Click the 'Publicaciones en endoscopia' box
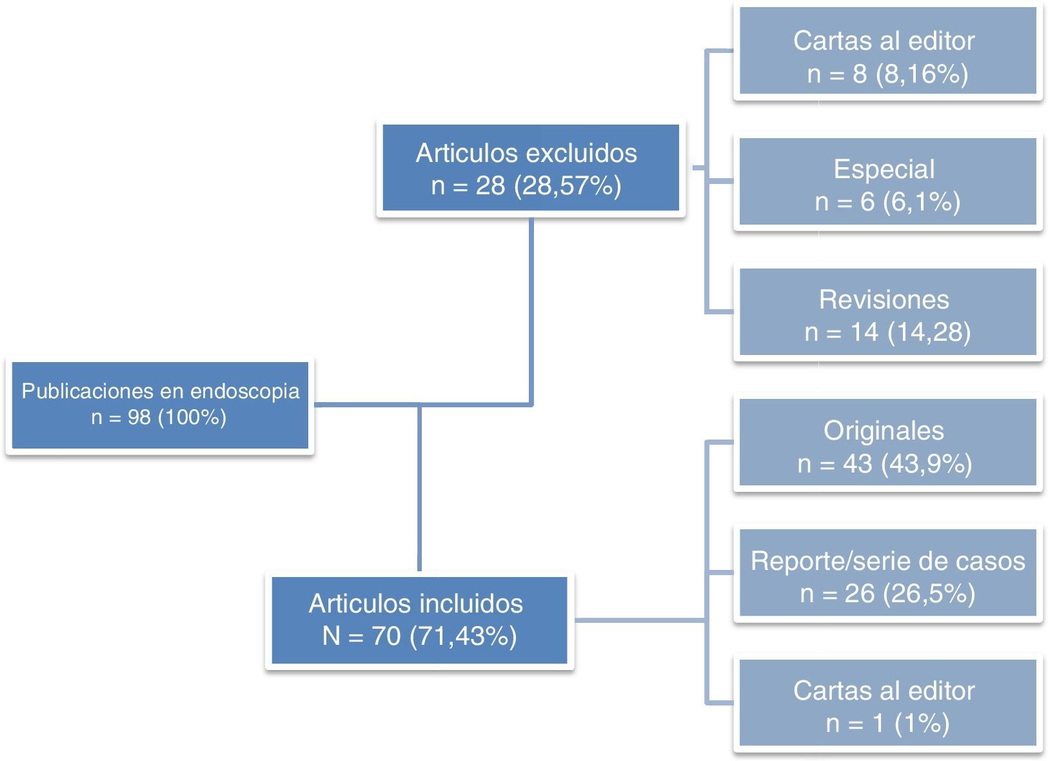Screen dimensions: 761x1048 click(x=160, y=405)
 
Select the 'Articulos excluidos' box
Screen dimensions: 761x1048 click(x=530, y=168)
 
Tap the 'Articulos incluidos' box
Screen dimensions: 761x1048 click(x=419, y=620)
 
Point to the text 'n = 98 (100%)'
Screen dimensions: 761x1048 click(x=159, y=418)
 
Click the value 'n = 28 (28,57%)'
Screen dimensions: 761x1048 click(x=526, y=186)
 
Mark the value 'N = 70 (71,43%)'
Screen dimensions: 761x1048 click(x=419, y=636)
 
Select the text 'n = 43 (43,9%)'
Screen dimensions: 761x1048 click(x=884, y=463)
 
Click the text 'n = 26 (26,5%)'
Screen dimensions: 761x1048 click(x=887, y=593)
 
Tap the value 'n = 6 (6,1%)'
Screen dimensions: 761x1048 click(x=887, y=202)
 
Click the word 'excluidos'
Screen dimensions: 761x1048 click(x=581, y=154)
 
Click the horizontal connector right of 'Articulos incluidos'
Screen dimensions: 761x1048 click(x=638, y=620)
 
